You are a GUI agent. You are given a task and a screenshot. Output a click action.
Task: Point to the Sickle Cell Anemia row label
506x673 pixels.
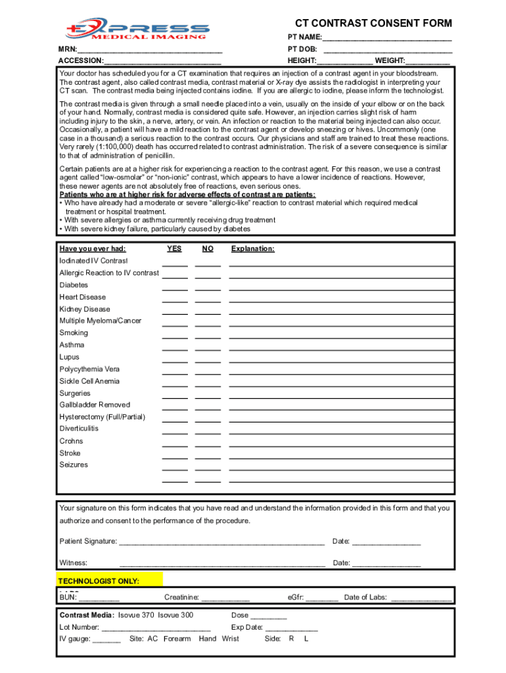(89, 381)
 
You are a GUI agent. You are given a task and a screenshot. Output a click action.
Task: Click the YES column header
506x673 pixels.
(174, 249)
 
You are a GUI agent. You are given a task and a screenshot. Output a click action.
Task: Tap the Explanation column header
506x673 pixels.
(253, 249)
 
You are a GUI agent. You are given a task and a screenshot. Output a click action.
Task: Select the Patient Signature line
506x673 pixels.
(221, 543)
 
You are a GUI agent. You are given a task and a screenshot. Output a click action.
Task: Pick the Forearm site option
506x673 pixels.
(177, 639)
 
